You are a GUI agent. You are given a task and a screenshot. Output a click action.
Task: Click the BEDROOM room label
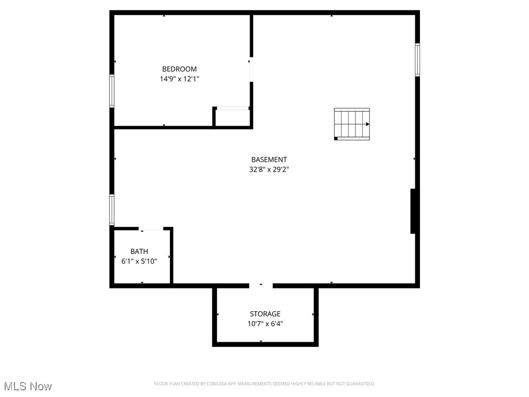pyautogui.click(x=179, y=69)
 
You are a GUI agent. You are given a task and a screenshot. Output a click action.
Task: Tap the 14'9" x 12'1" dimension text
pyautogui.click(x=179, y=79)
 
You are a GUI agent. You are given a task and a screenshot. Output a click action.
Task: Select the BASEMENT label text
pyautogui.click(x=269, y=160)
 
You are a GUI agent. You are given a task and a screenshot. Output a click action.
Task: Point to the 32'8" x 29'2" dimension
pyautogui.click(x=269, y=169)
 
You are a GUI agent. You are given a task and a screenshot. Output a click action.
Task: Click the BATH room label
pyautogui.click(x=139, y=251)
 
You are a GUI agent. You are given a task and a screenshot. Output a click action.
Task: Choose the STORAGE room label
pyautogui.click(x=265, y=314)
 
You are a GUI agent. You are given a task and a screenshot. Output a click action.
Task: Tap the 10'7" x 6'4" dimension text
pyautogui.click(x=265, y=324)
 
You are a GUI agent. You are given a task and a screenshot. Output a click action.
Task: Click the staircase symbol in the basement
pyautogui.click(x=352, y=124)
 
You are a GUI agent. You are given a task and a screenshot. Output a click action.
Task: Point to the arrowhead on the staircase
pyautogui.click(x=367, y=124)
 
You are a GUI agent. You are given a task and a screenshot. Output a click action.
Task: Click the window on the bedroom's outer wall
pyautogui.click(x=112, y=91)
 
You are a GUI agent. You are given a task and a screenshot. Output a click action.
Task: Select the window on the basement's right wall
pyautogui.click(x=417, y=60)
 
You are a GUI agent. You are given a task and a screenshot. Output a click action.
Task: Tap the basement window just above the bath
pyautogui.click(x=112, y=209)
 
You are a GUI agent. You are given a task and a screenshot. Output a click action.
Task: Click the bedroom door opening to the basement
pyautogui.click(x=252, y=69)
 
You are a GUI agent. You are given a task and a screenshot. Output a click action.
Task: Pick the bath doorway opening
pyautogui.click(x=151, y=228)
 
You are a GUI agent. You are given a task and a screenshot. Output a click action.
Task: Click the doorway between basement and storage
pyautogui.click(x=261, y=285)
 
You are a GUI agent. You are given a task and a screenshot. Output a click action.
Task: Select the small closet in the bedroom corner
pyautogui.click(x=232, y=117)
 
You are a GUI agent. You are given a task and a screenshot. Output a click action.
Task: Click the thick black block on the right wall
pyautogui.click(x=413, y=211)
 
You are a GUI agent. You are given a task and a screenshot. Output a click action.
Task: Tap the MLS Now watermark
pyautogui.click(x=28, y=386)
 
